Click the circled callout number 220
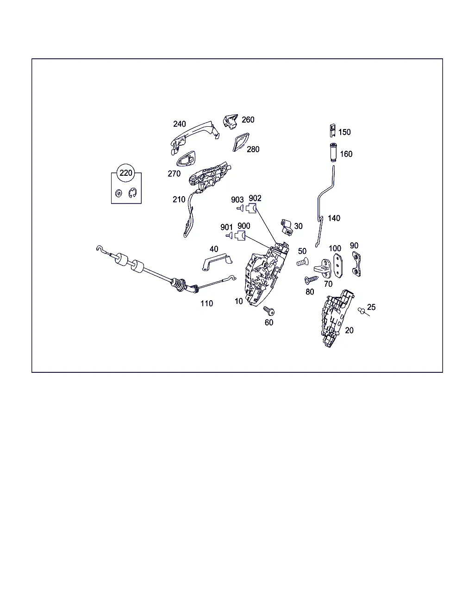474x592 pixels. click(126, 173)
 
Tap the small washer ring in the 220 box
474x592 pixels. click(118, 193)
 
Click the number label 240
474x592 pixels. click(179, 124)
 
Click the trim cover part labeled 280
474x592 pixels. click(241, 142)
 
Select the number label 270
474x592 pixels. click(174, 173)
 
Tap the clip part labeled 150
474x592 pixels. click(332, 130)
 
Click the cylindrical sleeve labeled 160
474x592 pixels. click(333, 153)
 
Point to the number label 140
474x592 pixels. click(334, 218)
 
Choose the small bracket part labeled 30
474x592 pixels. click(287, 227)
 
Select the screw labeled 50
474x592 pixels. click(302, 262)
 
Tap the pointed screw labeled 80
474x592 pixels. click(311, 280)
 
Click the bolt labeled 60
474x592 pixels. click(269, 311)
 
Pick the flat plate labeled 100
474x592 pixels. click(338, 265)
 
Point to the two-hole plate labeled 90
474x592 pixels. click(356, 264)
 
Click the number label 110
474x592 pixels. click(206, 303)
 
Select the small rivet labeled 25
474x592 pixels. click(362, 311)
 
